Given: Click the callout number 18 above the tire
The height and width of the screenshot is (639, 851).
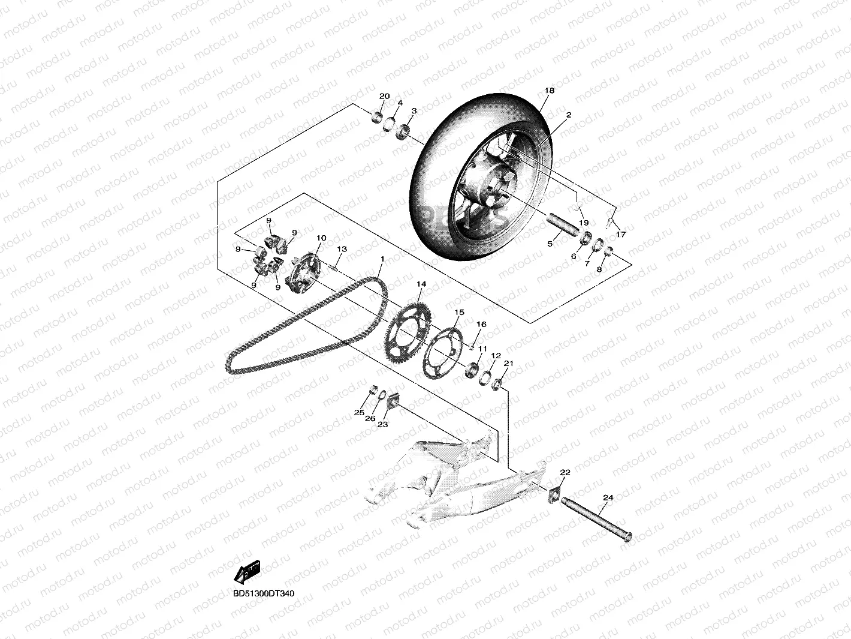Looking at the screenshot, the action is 549,91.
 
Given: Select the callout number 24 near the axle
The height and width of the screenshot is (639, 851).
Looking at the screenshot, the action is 608,497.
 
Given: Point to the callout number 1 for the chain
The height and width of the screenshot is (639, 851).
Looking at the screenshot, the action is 381,259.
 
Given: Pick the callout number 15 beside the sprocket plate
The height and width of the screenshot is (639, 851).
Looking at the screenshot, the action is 459,313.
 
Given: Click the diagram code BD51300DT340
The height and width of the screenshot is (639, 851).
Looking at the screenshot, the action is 264,593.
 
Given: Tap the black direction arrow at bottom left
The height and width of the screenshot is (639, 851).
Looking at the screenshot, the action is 246,571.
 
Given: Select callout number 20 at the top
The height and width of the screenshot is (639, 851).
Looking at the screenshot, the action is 384,97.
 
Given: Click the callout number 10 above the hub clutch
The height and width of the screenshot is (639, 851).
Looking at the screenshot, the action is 321,238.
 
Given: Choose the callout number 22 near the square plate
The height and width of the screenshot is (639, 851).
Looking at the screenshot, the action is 565,472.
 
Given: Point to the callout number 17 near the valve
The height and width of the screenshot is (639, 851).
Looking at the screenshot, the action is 620,234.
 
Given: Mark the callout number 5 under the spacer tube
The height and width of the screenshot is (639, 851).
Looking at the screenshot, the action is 550,244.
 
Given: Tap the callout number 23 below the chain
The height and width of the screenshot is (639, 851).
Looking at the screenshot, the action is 382,424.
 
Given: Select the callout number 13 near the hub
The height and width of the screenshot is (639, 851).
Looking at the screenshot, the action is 342,248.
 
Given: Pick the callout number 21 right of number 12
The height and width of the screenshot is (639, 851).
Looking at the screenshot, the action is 508,364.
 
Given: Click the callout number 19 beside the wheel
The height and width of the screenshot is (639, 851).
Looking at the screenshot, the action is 583,223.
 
